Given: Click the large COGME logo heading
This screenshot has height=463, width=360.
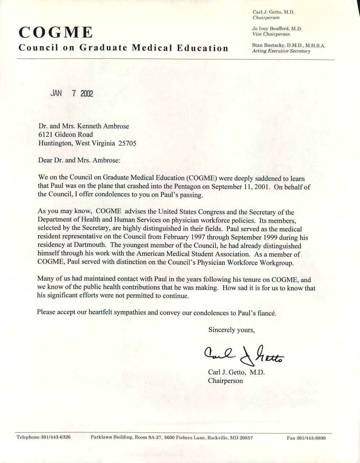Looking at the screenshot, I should [x=55, y=33].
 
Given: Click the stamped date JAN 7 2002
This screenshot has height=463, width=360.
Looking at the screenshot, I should [x=72, y=93].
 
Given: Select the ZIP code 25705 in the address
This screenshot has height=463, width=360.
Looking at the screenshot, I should [x=126, y=143].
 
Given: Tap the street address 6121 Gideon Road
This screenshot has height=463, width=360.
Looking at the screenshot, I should [x=66, y=135].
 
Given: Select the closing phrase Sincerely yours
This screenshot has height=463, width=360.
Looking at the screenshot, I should [x=231, y=330].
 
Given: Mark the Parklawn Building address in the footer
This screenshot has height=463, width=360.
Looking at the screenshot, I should [x=171, y=438].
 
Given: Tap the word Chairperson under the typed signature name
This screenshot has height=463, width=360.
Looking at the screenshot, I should [x=225, y=380].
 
